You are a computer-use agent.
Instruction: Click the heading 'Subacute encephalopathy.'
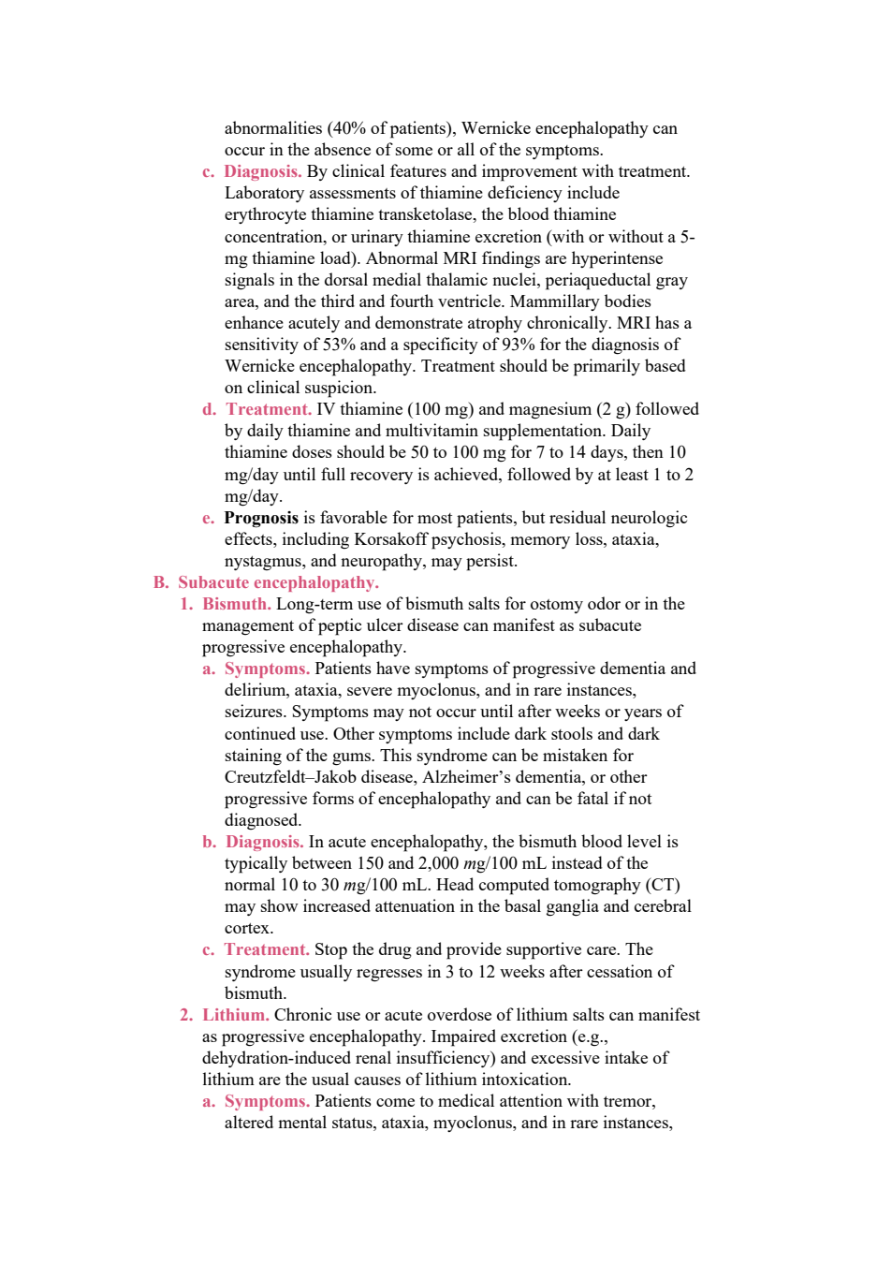coord(278,582)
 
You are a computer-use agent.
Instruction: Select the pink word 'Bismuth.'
coord(237,604)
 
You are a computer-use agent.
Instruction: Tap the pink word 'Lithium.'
coord(236,1015)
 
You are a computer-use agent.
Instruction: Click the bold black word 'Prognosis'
coord(261,518)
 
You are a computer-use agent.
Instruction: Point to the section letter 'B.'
coord(161,582)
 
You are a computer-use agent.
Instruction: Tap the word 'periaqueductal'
coord(597,281)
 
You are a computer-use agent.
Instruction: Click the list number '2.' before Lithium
coord(186,1015)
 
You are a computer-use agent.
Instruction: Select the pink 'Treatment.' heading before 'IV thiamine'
coord(269,409)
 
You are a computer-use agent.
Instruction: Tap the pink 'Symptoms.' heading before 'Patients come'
coord(267,1101)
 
